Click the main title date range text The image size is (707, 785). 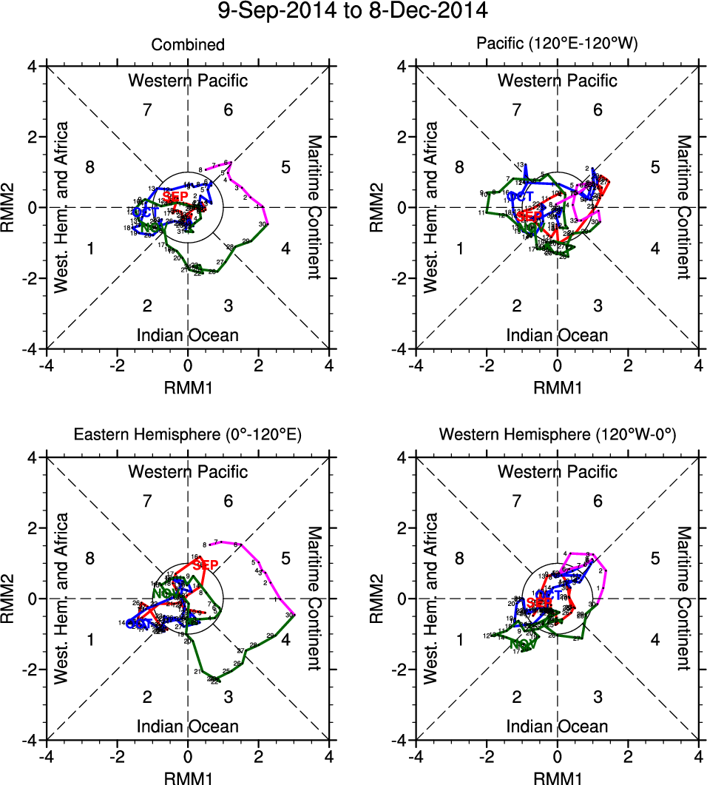pos(353,12)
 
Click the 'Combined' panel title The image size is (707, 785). pos(188,45)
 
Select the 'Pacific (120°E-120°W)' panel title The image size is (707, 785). pos(557,45)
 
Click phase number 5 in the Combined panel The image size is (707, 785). pos(285,167)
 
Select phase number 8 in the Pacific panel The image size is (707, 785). pos(459,167)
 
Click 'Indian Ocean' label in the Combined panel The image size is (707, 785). pos(188,335)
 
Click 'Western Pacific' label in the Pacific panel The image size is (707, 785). pos(557,81)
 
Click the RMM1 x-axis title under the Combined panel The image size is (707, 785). pos(188,385)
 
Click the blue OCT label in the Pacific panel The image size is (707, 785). pos(521,196)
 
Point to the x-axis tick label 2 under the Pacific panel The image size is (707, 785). pos(628,365)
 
